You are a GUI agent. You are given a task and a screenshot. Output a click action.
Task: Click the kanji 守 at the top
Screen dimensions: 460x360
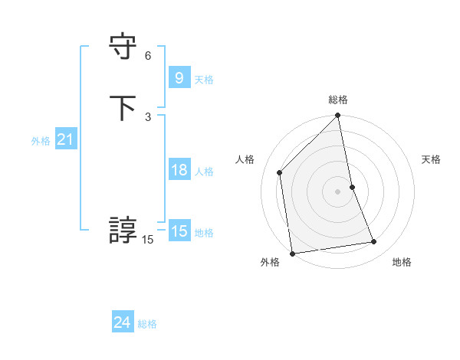point(123,47)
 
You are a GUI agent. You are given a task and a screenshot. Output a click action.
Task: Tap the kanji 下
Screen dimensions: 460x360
point(123,106)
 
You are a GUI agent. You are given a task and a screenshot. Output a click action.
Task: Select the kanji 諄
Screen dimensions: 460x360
point(123,230)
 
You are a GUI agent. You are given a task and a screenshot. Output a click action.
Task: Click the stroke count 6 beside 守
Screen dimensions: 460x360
point(148,56)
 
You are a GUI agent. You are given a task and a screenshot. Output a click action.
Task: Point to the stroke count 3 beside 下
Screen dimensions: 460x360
point(148,116)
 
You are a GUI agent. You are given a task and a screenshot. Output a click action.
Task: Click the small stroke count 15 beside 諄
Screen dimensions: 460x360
point(147,241)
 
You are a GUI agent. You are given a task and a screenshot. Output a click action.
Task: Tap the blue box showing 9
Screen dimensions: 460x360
point(179,77)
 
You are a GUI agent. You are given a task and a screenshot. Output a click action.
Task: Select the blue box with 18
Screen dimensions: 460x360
point(179,170)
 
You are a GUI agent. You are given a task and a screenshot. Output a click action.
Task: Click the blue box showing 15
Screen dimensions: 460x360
point(179,231)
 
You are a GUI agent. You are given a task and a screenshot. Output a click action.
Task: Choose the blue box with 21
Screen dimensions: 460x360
point(65,139)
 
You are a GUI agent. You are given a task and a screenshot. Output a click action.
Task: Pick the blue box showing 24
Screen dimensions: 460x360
point(122,323)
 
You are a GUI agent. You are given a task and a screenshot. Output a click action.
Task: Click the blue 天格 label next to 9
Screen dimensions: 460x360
point(204,80)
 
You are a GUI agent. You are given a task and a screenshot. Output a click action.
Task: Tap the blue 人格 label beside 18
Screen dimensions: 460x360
point(204,172)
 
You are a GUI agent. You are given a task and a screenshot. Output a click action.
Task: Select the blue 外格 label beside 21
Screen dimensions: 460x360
point(41,141)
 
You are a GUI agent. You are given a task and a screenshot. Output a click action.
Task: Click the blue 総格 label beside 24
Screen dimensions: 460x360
point(147,325)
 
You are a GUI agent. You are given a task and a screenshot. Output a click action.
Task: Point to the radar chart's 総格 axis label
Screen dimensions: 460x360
point(338,100)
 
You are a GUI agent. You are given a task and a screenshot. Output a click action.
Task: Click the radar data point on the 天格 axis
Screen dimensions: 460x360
point(352,187)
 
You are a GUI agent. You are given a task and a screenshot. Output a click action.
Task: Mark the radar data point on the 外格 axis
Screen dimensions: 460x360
point(292,253)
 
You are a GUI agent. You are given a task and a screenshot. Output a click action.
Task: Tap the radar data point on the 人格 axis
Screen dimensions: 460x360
point(280,172)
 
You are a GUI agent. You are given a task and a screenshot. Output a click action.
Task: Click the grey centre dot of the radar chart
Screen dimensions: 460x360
point(338,191)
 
